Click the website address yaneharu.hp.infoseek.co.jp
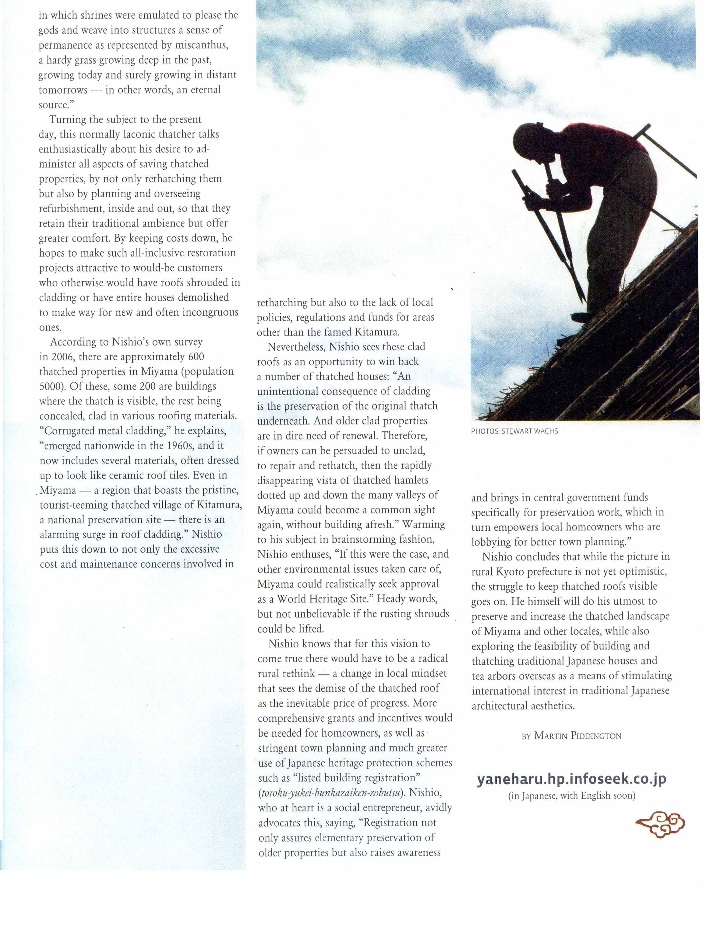571,779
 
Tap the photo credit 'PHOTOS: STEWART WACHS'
514,431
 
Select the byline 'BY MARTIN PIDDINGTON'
571,736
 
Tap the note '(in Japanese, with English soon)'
571,795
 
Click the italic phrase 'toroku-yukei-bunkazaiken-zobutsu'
331,793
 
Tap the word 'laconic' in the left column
139,135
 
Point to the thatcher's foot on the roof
583,317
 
